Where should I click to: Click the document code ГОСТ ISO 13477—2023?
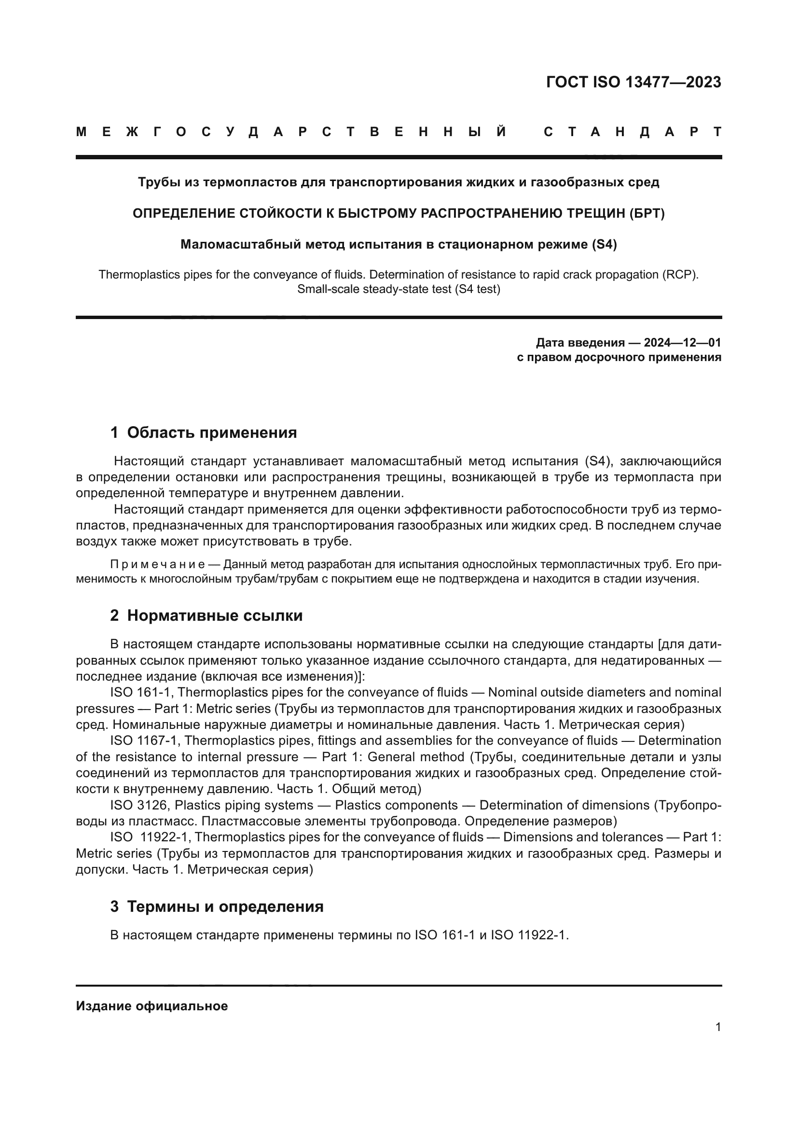pos(633,82)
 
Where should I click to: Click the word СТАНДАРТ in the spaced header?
pos(633,132)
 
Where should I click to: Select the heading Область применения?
pos(212,432)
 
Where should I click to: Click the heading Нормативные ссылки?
pos(215,615)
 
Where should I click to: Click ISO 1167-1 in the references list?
pos(145,741)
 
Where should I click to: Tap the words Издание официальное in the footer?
pos(152,1006)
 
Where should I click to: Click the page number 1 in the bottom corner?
pos(718,1027)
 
